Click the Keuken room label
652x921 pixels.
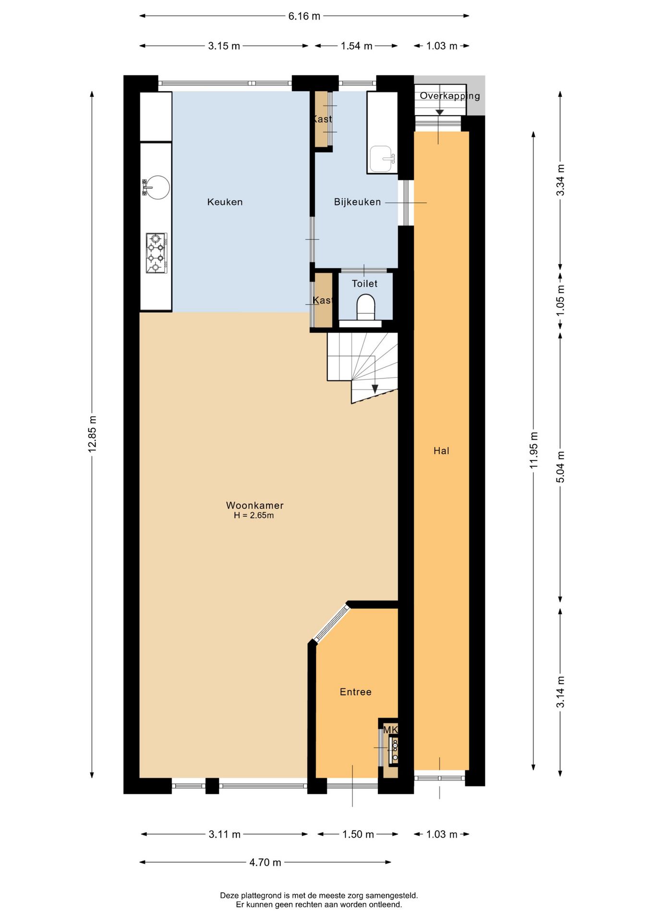(225, 202)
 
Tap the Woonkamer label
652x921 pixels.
(254, 505)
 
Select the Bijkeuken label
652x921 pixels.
(357, 202)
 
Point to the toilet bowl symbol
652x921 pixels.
(366, 307)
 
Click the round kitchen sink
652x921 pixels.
(157, 187)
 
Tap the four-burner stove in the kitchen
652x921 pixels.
(156, 253)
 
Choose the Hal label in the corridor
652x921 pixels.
(441, 450)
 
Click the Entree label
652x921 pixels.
(355, 692)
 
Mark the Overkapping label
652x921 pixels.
(450, 96)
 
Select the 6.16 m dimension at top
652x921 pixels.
(304, 16)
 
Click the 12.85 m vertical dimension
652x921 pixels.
(92, 434)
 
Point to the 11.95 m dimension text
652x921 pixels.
(533, 450)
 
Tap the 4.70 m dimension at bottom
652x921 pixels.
(265, 862)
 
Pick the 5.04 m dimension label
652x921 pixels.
(560, 467)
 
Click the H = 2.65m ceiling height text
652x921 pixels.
(254, 516)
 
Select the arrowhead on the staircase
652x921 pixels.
(375, 389)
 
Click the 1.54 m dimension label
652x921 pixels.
(356, 46)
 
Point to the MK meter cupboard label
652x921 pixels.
(390, 730)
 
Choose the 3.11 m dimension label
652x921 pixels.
(224, 834)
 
